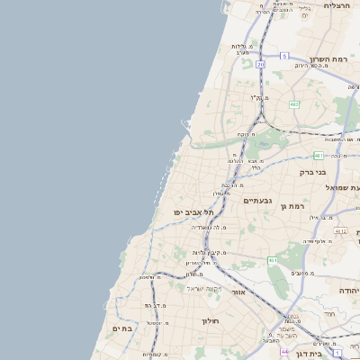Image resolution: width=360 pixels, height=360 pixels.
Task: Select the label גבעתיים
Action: click(x=257, y=200)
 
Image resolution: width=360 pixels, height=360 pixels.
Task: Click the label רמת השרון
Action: click(x=328, y=58)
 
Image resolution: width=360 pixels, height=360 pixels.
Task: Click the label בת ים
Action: click(x=123, y=329)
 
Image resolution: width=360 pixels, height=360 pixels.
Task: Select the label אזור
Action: click(x=238, y=292)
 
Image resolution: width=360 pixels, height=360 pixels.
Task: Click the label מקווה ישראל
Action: click(x=204, y=288)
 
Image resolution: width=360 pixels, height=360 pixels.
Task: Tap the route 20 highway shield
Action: click(x=260, y=65)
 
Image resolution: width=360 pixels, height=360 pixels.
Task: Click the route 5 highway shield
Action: click(x=284, y=56)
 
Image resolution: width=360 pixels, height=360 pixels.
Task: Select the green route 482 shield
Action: click(x=294, y=104)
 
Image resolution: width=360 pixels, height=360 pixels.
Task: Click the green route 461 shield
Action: click(x=273, y=260)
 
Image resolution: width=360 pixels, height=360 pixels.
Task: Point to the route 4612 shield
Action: click(x=339, y=231)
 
